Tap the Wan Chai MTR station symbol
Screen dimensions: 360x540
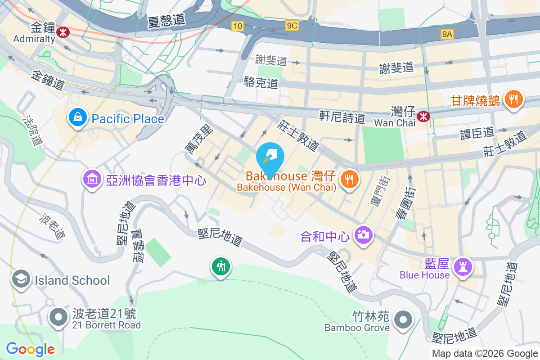(423, 117)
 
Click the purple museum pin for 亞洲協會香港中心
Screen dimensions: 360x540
(92, 180)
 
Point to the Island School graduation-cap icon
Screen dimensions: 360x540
(21, 279)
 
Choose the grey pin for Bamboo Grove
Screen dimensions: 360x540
(403, 320)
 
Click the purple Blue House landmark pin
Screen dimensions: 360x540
(463, 267)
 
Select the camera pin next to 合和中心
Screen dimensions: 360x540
(364, 234)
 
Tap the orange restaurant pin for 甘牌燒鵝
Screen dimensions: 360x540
(513, 99)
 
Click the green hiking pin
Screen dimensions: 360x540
(220, 267)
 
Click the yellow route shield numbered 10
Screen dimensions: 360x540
(237, 27)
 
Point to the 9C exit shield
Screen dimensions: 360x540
(292, 26)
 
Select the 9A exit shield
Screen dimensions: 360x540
(447, 34)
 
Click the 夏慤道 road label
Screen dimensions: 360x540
(166, 20)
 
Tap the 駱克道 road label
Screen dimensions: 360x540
(260, 83)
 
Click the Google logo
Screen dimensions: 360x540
(30, 349)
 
